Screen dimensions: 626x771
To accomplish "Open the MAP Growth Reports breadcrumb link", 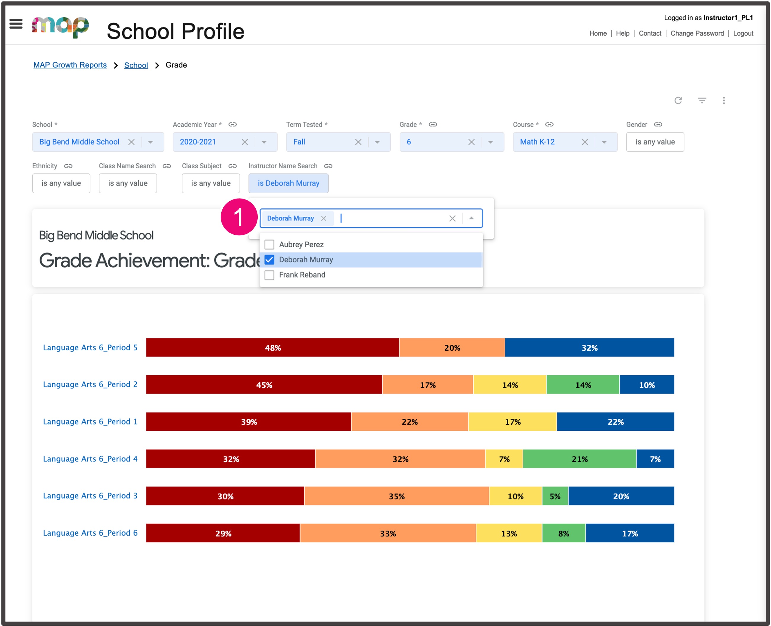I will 70,65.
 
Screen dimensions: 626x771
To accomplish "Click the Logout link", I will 743,33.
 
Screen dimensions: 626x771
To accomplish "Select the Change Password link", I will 697,33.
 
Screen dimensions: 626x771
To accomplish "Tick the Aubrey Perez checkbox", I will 270,245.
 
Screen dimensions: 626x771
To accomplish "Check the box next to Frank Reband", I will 270,275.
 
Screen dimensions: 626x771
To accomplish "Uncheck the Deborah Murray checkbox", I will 270,260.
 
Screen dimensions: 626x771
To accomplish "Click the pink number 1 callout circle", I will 239,217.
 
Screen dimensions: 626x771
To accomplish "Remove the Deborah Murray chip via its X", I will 323,218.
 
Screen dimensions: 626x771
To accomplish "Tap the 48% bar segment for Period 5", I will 273,348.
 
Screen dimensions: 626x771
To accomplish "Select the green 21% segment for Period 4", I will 579,459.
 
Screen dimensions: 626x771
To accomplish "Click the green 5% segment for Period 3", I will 555,496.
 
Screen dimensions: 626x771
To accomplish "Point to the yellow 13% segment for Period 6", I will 509,533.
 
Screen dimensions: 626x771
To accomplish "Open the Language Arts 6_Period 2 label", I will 90,384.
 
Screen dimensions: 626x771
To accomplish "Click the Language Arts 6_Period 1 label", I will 90,421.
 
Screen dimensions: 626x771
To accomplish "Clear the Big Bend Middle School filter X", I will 132,142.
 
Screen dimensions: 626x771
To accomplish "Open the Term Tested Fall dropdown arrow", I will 377,142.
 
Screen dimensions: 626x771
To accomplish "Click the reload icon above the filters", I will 678,100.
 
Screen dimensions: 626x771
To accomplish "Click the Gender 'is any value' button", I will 655,142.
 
